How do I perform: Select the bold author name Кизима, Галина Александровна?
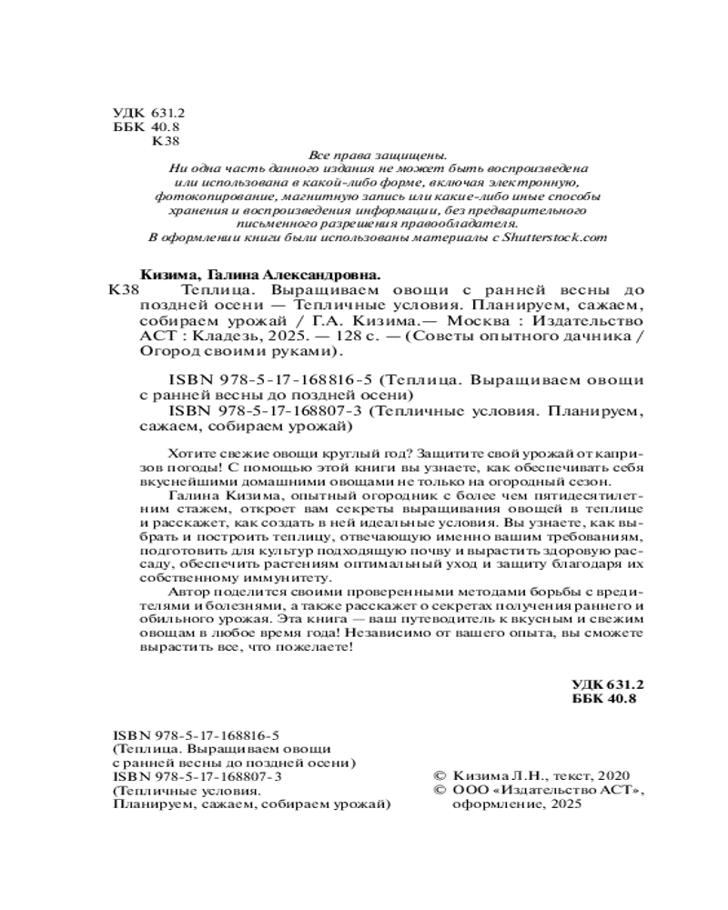click(x=259, y=273)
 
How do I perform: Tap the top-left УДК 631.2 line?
click(x=148, y=112)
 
